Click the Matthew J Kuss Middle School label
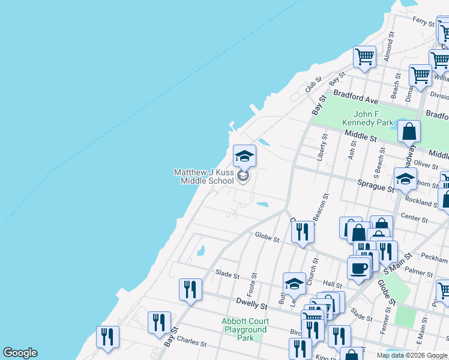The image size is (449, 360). [204, 176]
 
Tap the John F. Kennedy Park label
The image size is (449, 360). [367, 118]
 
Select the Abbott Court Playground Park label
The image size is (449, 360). [244, 329]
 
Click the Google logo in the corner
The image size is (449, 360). [20, 353]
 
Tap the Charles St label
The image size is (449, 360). [191, 344]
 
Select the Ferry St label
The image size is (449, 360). [423, 21]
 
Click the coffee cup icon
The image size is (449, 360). [359, 268]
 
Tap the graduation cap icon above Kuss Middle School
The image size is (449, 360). [244, 156]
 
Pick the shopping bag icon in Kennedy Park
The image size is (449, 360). [408, 131]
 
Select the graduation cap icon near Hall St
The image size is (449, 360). [294, 284]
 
